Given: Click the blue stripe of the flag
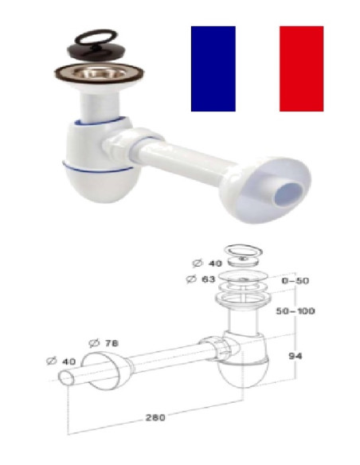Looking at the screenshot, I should point(213,68).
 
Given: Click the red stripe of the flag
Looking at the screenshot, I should point(301,68).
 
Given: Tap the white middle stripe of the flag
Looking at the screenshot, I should point(257,68).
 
